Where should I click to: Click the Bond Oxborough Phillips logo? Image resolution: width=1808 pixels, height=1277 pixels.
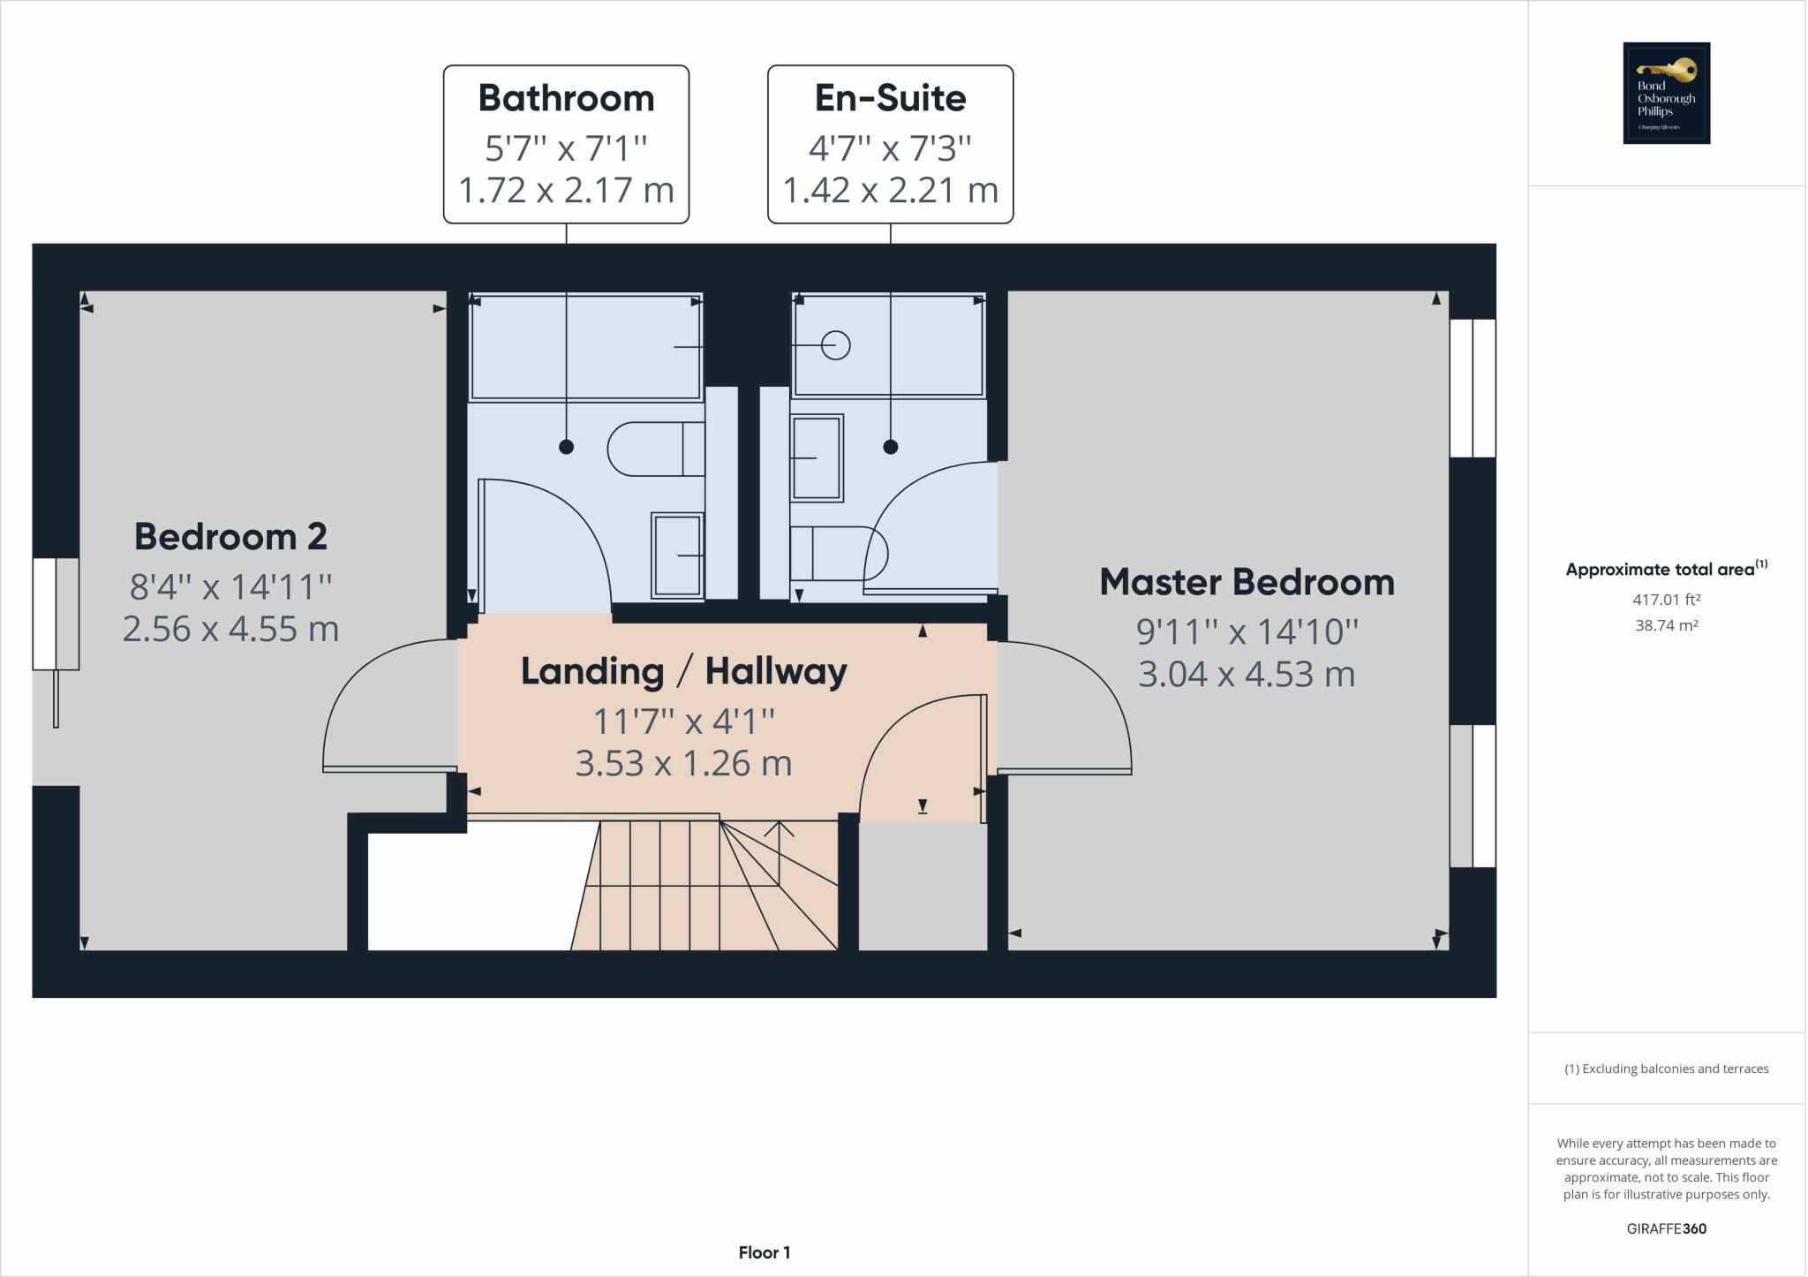[x=1666, y=93]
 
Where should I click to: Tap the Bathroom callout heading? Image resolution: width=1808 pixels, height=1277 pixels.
[x=566, y=98]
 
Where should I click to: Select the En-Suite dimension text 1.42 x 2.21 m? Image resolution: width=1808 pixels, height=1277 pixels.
[x=890, y=190]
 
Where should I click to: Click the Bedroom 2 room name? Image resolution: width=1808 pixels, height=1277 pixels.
[x=230, y=536]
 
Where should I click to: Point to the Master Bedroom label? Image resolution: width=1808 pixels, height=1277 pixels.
[x=1247, y=582]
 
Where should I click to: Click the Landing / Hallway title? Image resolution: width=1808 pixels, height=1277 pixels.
[x=683, y=671]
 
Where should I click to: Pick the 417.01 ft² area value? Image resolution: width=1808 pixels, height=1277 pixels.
[x=1666, y=600]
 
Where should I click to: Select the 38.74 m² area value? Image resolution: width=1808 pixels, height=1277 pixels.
[x=1666, y=625]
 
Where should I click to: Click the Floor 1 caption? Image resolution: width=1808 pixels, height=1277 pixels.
[x=765, y=1252]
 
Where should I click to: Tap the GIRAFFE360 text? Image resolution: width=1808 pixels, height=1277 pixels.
[x=1666, y=1228]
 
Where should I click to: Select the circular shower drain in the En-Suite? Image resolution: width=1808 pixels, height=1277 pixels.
[x=835, y=345]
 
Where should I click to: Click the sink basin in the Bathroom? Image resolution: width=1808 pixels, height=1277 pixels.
[x=677, y=555]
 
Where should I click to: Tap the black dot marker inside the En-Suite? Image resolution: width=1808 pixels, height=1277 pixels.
[x=890, y=447]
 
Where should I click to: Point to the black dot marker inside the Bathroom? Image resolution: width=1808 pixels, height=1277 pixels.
[x=566, y=447]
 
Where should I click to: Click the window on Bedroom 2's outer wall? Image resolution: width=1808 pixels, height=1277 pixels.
[x=56, y=613]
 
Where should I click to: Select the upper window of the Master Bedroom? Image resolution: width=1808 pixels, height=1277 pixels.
[x=1473, y=388]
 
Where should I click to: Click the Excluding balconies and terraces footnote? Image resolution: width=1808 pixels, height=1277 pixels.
[x=1666, y=1069]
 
